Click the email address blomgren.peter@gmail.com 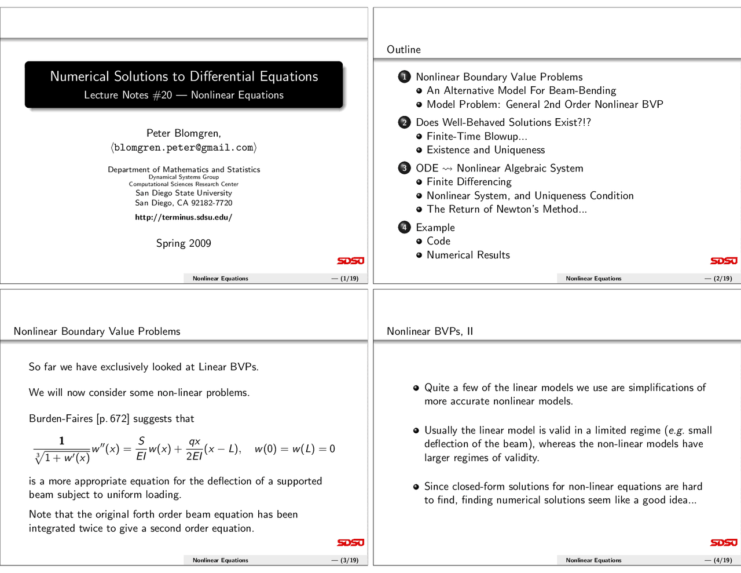(x=184, y=148)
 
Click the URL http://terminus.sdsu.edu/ (x=184, y=217)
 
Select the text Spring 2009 (x=184, y=243)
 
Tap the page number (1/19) (x=346, y=279)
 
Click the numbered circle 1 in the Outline (x=404, y=77)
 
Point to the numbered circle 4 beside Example (x=404, y=228)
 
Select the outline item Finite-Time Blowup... (x=476, y=137)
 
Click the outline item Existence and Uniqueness (x=485, y=150)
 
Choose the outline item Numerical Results (x=468, y=255)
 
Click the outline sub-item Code (x=438, y=241)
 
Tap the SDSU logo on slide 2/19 (x=724, y=261)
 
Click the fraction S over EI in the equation (x=141, y=449)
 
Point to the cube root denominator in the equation (x=62, y=458)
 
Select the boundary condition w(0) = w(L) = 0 (x=295, y=449)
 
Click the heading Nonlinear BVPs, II (x=430, y=331)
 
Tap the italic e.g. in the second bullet (x=676, y=430)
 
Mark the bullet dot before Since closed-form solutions (x=416, y=487)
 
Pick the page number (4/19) (x=718, y=560)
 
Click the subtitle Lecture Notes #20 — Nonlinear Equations (x=184, y=95)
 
